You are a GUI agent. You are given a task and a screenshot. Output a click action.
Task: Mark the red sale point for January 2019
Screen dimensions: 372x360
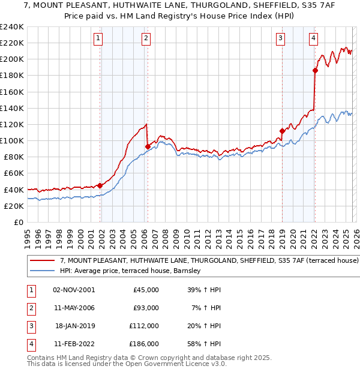click(x=282, y=130)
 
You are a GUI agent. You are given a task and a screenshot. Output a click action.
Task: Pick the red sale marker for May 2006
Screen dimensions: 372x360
click(x=148, y=146)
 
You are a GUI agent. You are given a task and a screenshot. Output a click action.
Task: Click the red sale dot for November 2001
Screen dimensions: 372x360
click(x=100, y=185)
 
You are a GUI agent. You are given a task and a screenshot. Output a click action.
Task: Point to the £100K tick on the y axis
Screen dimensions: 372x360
click(x=11, y=140)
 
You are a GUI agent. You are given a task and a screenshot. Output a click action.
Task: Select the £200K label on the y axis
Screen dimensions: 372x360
click(x=11, y=59)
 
